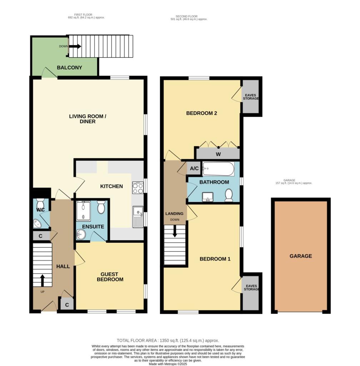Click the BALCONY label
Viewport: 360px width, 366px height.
click(69, 68)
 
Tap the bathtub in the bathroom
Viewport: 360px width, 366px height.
click(218, 169)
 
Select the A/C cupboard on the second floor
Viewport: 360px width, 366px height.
click(194, 168)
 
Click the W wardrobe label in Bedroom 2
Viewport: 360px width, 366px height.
click(217, 154)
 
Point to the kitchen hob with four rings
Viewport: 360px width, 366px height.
click(137, 188)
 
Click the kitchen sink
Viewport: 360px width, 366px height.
click(137, 216)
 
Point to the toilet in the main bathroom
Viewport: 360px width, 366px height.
click(229, 195)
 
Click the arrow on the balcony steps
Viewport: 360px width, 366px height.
click(75, 46)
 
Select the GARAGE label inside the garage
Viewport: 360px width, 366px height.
click(301, 256)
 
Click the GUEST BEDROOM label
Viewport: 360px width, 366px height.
click(110, 277)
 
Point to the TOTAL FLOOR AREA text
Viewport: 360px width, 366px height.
click(167, 341)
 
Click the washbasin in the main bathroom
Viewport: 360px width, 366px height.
click(207, 196)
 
